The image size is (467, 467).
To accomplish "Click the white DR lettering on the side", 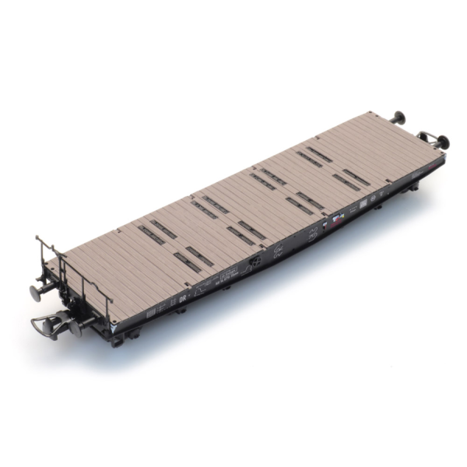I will click(x=184, y=297).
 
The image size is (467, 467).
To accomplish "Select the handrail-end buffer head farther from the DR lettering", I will click(x=36, y=293).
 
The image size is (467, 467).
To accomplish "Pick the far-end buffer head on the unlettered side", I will click(x=399, y=118).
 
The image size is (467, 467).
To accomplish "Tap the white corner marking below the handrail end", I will click(x=114, y=329).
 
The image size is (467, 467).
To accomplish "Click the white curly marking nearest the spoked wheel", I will click(x=277, y=251).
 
